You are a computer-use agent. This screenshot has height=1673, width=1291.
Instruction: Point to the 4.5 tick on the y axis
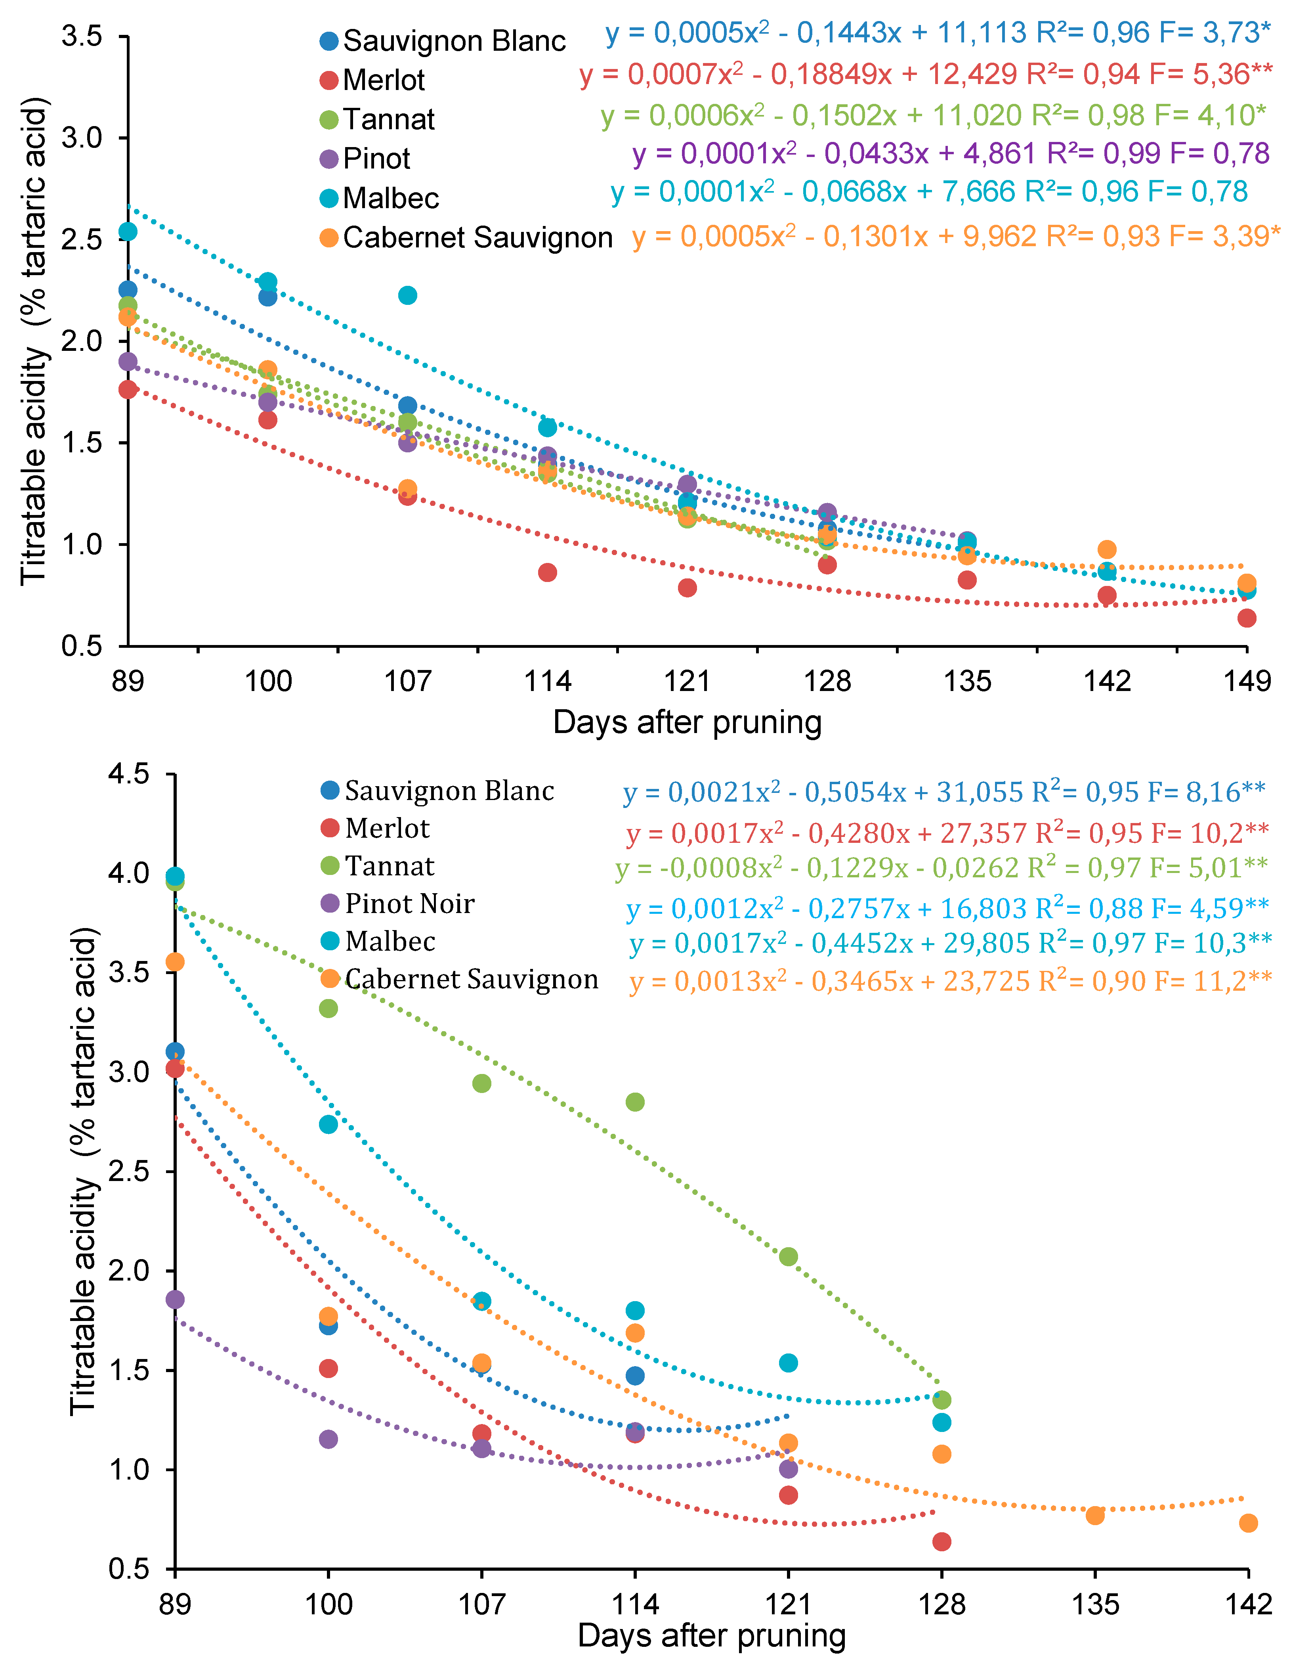[x=129, y=774]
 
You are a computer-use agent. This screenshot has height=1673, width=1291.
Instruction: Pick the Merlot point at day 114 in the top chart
[x=548, y=572]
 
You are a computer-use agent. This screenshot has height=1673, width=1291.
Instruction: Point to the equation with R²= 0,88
[x=947, y=909]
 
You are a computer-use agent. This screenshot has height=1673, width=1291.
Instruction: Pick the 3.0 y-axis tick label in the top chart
[x=82, y=138]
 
